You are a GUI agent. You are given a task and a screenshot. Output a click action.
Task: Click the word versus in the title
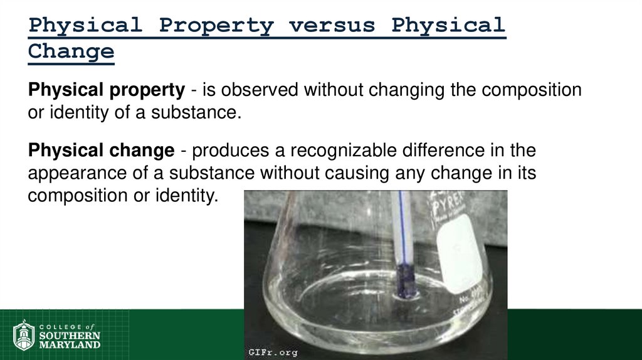click(x=332, y=26)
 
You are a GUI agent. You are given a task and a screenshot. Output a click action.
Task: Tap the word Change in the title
click(x=71, y=51)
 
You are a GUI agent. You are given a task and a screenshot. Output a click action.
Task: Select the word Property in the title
click(x=216, y=26)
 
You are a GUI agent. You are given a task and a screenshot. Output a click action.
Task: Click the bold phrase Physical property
click(x=107, y=90)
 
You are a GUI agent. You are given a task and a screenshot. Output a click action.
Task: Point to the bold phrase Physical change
click(x=101, y=151)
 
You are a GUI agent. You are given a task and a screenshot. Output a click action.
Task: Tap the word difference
click(x=470, y=151)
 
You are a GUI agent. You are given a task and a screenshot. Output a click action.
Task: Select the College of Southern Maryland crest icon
click(x=24, y=335)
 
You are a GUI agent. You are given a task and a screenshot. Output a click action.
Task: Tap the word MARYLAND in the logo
click(x=70, y=345)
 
